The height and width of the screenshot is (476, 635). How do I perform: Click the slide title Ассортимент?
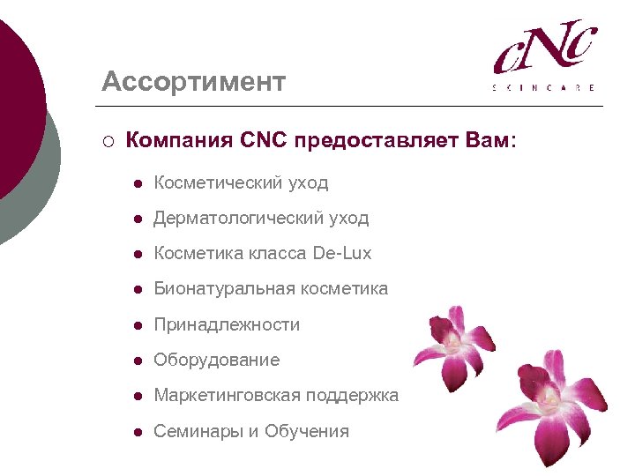pyautogui.click(x=193, y=82)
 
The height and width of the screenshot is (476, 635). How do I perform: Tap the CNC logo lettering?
pyautogui.click(x=545, y=48)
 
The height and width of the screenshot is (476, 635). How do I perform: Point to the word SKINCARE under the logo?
pyautogui.click(x=543, y=88)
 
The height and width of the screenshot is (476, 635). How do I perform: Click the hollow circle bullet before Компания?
pyautogui.click(x=107, y=141)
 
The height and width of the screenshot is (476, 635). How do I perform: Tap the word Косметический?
pyautogui.click(x=218, y=183)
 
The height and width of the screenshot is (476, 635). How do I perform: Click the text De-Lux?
pyautogui.click(x=342, y=254)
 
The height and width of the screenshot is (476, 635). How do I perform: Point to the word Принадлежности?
pyautogui.click(x=227, y=324)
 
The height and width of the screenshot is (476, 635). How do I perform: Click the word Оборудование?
pyautogui.click(x=216, y=360)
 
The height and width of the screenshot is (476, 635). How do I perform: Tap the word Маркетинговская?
pyautogui.click(x=227, y=396)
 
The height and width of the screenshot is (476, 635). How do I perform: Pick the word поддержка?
pyautogui.click(x=352, y=396)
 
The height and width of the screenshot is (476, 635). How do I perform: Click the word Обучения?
pyautogui.click(x=307, y=431)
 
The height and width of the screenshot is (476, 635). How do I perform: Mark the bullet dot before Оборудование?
pyautogui.click(x=138, y=361)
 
